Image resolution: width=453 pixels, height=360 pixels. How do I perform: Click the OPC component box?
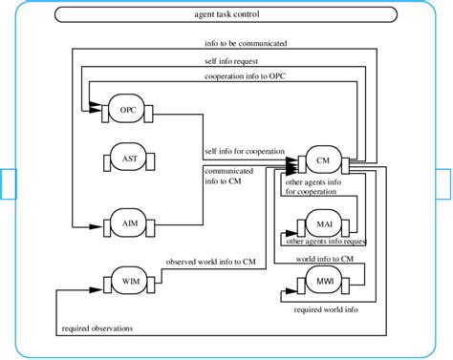128,110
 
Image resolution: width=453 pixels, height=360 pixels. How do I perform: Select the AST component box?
128,159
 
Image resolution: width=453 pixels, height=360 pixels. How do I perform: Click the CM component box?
323,162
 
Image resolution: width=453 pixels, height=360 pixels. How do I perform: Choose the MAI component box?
323,225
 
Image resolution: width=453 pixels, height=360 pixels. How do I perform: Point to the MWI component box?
323,282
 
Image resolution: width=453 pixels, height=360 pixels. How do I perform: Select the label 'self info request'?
234,60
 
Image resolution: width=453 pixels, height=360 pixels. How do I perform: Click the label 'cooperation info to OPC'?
246,76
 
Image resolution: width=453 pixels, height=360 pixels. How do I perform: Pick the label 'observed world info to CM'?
211,261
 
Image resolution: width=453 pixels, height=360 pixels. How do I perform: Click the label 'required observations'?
97,328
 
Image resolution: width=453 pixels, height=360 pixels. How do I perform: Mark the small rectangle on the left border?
8,184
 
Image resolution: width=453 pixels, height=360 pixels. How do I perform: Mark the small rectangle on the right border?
444,184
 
